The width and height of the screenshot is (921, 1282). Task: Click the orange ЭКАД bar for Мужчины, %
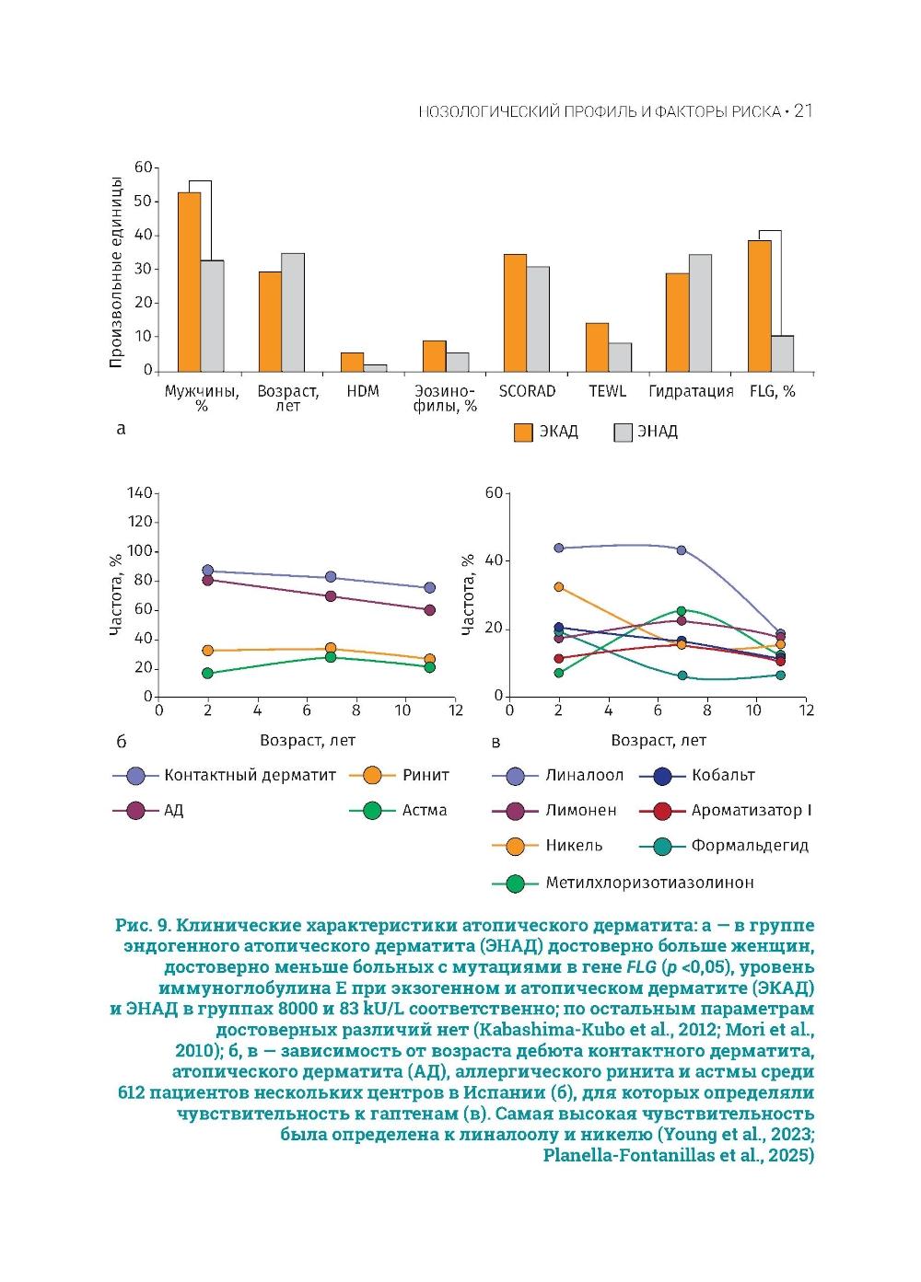[x=190, y=281]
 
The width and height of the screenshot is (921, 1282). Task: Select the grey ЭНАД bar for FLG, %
[x=782, y=353]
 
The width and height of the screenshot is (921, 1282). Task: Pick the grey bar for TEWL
[x=620, y=357]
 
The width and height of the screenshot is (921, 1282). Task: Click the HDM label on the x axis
[x=363, y=391]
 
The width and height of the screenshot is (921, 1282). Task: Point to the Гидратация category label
[x=691, y=391]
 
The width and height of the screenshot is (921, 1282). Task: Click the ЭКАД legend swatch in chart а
[x=523, y=433]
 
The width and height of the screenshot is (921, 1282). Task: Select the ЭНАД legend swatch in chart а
[x=624, y=433]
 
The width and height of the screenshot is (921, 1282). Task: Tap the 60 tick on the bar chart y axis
[x=143, y=167]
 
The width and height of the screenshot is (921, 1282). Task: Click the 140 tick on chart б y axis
[x=140, y=493]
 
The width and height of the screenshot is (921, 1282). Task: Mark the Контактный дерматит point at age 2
[x=208, y=571]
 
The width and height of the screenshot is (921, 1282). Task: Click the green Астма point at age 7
[x=330, y=656]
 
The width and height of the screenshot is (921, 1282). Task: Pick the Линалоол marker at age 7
[x=682, y=550]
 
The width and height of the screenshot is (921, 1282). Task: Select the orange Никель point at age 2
[x=558, y=586]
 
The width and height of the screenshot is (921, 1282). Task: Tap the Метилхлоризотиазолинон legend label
[x=649, y=883]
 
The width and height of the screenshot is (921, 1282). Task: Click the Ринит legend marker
[x=373, y=776]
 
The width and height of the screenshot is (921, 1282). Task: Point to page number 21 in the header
[x=803, y=111]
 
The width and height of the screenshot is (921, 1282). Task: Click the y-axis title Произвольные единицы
[x=116, y=272]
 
